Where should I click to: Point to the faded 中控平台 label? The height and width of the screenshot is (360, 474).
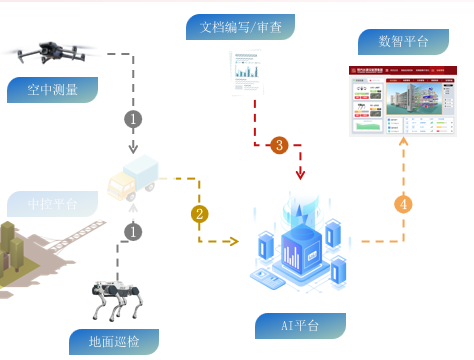click(53, 206)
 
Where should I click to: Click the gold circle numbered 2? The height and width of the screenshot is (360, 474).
click(200, 213)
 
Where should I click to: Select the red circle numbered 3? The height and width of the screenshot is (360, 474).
click(279, 145)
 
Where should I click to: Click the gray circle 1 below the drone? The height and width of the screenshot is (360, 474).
click(133, 118)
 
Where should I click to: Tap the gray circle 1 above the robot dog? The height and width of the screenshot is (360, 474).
click(133, 231)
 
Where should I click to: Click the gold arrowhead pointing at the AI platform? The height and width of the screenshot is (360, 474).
click(236, 241)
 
